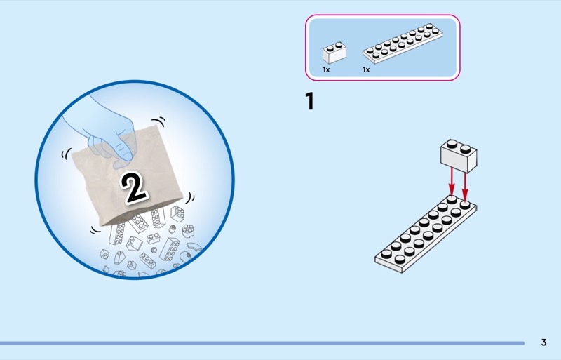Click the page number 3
point(543,342)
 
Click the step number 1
point(309,102)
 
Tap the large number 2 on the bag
point(135,185)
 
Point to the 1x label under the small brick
point(326,70)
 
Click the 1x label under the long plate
point(366,70)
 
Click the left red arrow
point(452,183)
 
